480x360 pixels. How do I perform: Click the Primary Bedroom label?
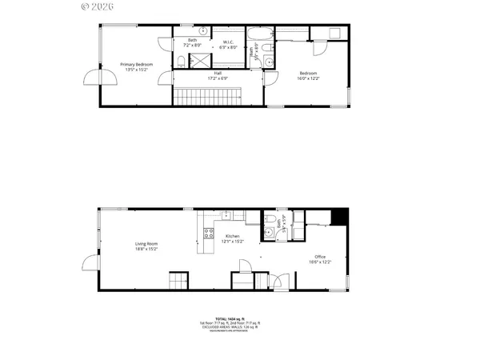(x=136, y=66)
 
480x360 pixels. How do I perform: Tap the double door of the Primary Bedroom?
(x=93, y=78)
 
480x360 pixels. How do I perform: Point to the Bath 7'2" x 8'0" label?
(x=192, y=43)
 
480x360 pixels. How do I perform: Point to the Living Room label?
(x=146, y=246)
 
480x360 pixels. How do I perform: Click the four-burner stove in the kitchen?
(x=209, y=234)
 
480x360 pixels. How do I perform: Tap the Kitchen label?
(x=233, y=238)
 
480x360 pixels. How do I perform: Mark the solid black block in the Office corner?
(x=340, y=216)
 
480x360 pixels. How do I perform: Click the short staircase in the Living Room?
(x=178, y=282)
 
